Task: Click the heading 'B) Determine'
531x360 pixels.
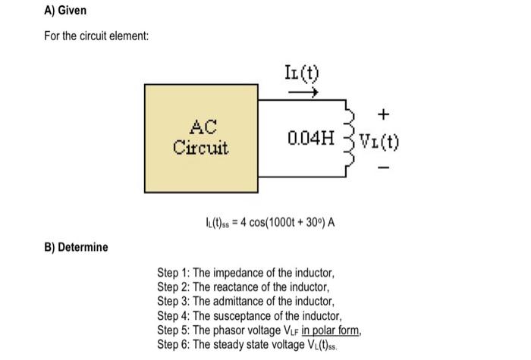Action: (x=76, y=247)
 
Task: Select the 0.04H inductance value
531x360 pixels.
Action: (x=311, y=139)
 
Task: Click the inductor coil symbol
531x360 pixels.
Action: (x=350, y=139)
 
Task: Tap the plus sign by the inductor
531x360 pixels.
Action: (x=384, y=115)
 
